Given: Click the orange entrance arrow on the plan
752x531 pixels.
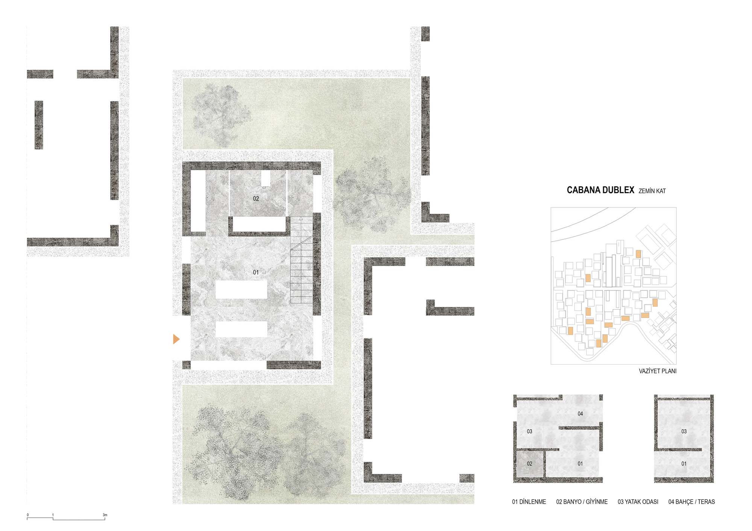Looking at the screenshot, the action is tap(176, 339).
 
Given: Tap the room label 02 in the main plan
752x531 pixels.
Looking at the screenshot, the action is tap(256, 198).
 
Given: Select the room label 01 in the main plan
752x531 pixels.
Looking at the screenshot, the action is tap(256, 272).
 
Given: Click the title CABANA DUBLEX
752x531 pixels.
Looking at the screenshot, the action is tap(600, 190).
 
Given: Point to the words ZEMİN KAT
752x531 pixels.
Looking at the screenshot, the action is tap(652, 191).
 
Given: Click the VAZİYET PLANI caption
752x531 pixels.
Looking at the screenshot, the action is tap(658, 371).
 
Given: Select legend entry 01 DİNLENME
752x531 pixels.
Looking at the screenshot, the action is tap(529, 502).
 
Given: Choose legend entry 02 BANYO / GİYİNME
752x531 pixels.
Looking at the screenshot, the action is tap(582, 502).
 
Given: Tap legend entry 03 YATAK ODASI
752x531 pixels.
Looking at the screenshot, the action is tap(638, 502).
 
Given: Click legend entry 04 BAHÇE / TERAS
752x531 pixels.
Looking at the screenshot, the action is tap(691, 502).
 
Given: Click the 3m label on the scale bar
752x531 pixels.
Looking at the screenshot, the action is tap(105, 515).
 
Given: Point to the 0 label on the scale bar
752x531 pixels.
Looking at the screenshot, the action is tap(27, 515).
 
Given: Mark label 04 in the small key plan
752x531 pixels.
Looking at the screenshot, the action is tap(580, 414).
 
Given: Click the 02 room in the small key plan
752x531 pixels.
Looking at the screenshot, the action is tap(529, 464).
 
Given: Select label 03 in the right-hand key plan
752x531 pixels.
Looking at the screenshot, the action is tap(684, 431).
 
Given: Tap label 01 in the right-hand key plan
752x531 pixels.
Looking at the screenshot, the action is tap(684, 464).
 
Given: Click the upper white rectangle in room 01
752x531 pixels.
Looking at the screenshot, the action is tap(241, 289).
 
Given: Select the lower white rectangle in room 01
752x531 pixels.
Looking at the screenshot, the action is tap(241, 330).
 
